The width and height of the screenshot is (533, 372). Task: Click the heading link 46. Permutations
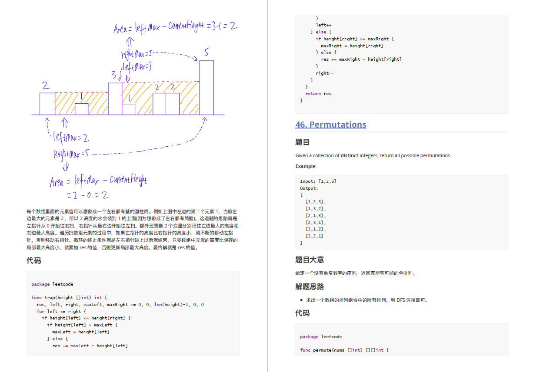click(x=330, y=125)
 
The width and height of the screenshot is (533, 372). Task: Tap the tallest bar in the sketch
click(x=207, y=87)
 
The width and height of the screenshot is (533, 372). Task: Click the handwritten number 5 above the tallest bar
click(x=207, y=53)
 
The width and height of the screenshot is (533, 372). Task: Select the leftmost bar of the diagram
click(x=47, y=104)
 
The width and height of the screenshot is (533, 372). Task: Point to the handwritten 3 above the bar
click(x=113, y=75)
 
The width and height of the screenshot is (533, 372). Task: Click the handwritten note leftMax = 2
click(x=71, y=138)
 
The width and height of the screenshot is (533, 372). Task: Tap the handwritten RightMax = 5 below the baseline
click(x=71, y=154)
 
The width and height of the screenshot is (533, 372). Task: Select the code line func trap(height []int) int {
click(x=67, y=297)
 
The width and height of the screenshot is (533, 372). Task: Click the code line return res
click(x=318, y=93)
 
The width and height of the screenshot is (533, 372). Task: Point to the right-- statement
click(x=325, y=73)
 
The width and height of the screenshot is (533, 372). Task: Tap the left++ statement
click(x=323, y=25)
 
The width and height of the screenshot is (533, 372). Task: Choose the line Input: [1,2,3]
click(x=318, y=181)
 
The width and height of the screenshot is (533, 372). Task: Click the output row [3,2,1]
click(x=315, y=236)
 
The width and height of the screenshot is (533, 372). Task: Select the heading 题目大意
click(x=310, y=260)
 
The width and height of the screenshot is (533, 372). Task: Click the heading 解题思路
click(x=310, y=286)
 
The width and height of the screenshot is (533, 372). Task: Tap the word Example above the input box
click(x=306, y=166)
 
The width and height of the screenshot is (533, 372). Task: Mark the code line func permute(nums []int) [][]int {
click(x=344, y=350)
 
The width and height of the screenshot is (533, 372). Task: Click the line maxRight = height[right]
click(x=352, y=46)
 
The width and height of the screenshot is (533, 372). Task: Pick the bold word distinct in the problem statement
click(x=350, y=155)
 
